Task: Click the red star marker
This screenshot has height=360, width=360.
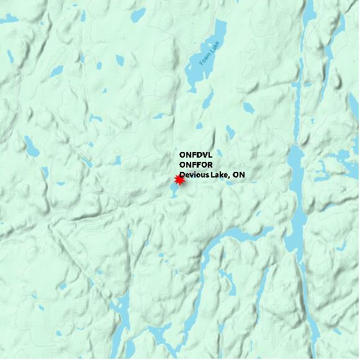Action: pos(179,179)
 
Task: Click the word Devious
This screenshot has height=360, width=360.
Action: pos(194,175)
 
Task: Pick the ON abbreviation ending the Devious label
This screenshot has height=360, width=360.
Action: pos(239,175)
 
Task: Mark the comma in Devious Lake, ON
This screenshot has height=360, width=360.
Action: pos(230,178)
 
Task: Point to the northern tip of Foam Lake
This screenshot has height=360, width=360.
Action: pos(220,22)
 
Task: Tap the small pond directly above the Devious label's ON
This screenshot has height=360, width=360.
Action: pos(231,132)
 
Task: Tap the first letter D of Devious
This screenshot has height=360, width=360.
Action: pos(183,175)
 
